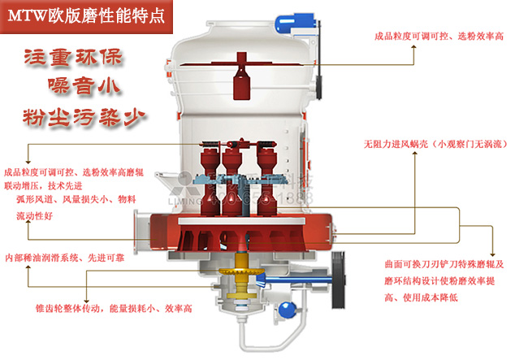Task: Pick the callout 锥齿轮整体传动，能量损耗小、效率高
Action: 114,309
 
